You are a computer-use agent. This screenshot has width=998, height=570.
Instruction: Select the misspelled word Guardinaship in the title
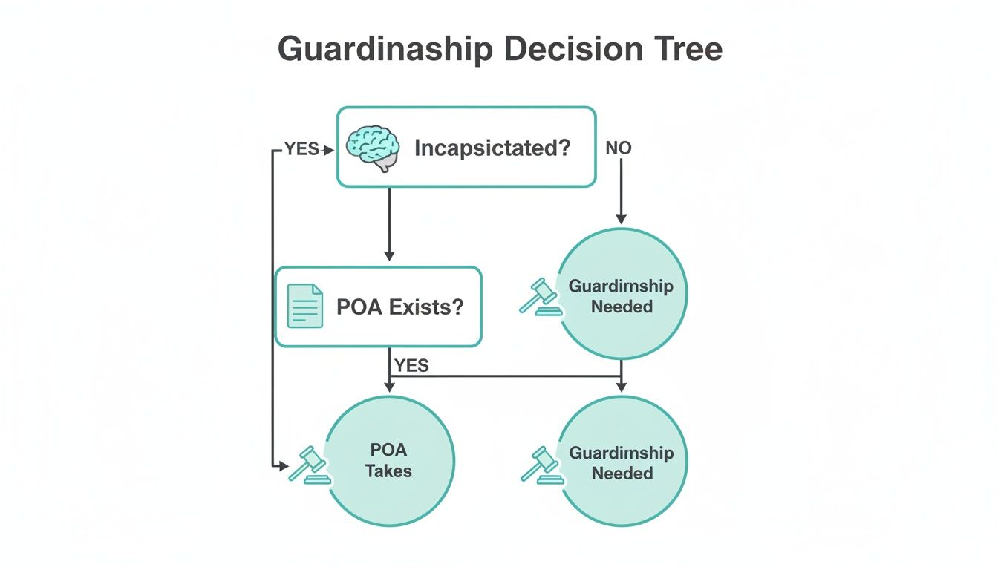point(385,50)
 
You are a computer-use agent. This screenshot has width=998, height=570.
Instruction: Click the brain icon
point(373,148)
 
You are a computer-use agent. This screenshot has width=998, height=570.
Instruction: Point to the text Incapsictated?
point(492,148)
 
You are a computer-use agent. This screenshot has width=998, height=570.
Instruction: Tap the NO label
point(619,148)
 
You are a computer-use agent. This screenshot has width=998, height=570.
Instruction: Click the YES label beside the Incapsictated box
point(301,149)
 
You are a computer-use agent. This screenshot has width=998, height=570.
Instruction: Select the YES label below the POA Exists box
point(411,365)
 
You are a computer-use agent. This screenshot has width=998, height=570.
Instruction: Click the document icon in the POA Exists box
point(305,306)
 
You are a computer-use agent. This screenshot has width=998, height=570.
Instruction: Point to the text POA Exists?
point(399,307)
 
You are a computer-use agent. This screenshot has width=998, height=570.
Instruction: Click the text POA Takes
point(389,460)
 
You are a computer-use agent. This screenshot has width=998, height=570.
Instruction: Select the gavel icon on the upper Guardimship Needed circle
point(541,297)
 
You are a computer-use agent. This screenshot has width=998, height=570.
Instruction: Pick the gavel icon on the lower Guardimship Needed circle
point(541,465)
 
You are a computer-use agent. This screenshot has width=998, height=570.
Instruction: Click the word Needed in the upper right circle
point(622,306)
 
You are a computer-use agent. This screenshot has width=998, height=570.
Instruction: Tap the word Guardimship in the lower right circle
point(621,453)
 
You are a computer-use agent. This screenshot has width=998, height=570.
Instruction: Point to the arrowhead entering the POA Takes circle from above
point(389,387)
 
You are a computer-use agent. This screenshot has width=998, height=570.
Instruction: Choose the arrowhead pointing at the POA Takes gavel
point(283,466)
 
